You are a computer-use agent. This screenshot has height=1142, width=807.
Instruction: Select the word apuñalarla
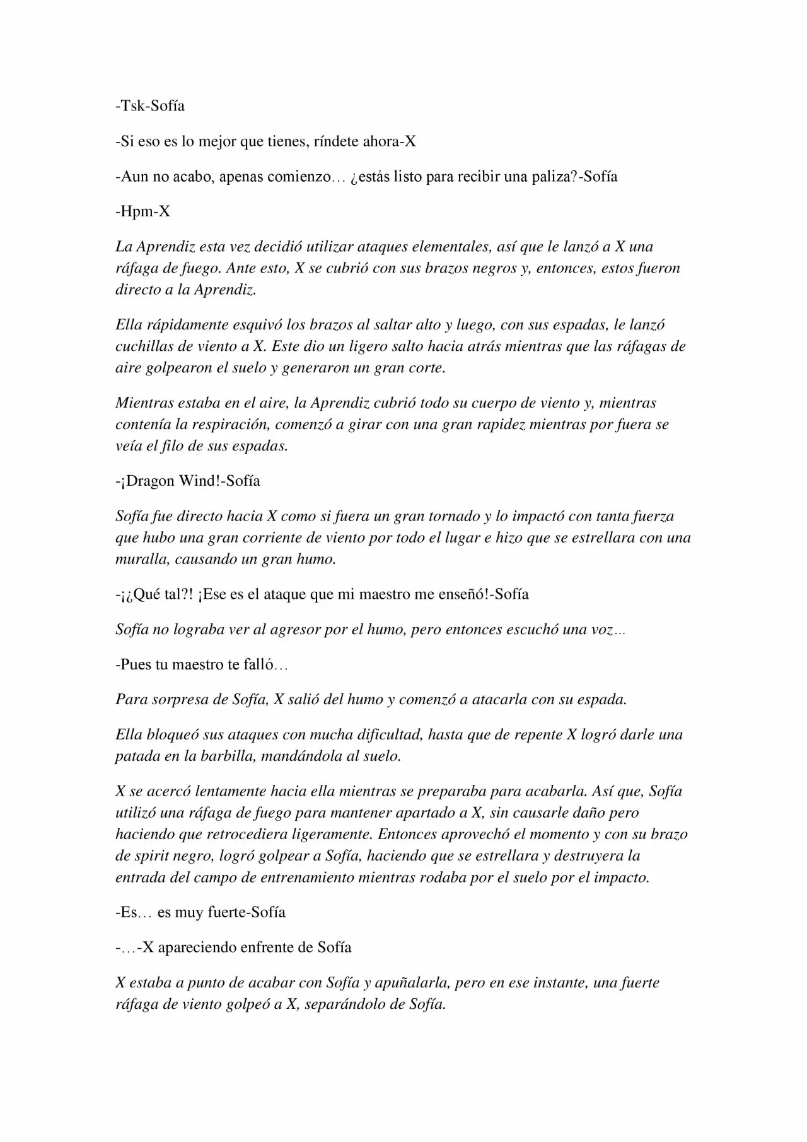(x=410, y=982)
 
